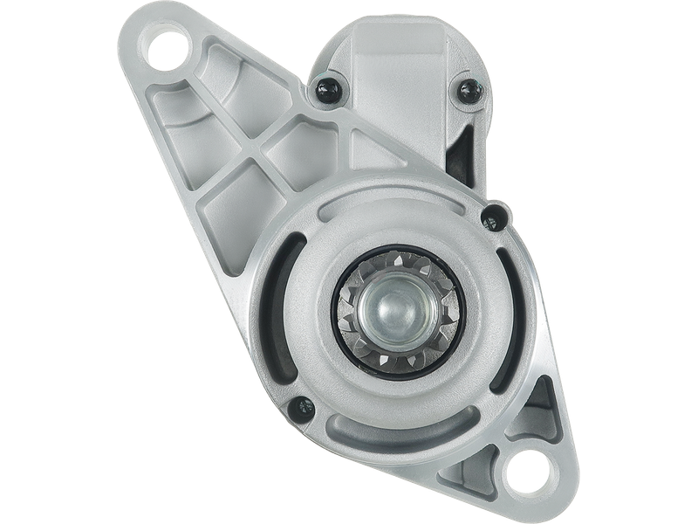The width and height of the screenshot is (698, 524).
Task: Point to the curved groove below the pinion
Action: tap(393, 410)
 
